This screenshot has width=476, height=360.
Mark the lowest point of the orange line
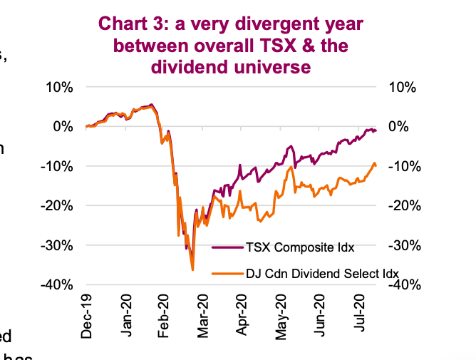(192, 269)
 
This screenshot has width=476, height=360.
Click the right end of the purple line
(376, 131)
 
